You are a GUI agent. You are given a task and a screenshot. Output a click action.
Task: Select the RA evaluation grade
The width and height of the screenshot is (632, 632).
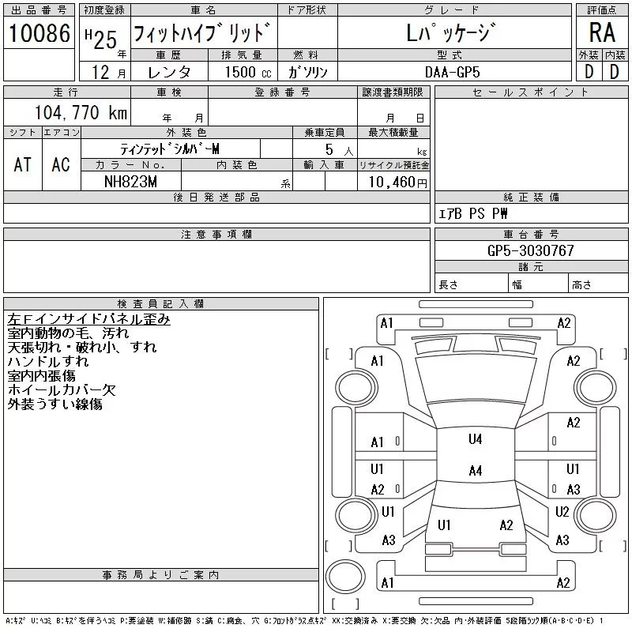click(x=602, y=33)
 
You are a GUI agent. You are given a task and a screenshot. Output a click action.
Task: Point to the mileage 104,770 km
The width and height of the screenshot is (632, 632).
click(x=80, y=112)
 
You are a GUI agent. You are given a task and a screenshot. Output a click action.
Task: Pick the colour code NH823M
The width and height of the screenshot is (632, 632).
click(x=131, y=181)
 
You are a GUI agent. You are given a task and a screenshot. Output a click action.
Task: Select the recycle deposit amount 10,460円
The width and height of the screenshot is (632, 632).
click(x=393, y=182)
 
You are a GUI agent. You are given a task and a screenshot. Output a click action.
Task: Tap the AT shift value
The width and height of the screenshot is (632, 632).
click(x=23, y=164)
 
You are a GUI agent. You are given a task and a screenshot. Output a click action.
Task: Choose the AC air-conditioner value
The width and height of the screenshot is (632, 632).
click(x=61, y=164)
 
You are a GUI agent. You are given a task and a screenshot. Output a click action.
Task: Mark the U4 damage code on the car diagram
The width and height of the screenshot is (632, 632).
click(x=475, y=439)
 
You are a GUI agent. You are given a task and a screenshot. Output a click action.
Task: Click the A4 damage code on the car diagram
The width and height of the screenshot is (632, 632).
click(x=475, y=471)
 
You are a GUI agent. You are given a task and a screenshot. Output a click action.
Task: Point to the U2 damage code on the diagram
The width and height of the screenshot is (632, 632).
click(x=562, y=512)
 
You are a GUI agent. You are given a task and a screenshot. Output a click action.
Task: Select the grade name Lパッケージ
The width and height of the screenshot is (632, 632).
click(x=452, y=34)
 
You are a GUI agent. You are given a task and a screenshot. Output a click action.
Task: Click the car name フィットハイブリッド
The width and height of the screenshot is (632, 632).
click(x=204, y=34)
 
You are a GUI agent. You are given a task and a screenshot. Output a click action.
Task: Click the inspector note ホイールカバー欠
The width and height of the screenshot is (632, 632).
click(x=62, y=389)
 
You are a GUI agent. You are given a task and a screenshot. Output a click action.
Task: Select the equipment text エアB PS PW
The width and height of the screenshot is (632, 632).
click(x=474, y=213)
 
